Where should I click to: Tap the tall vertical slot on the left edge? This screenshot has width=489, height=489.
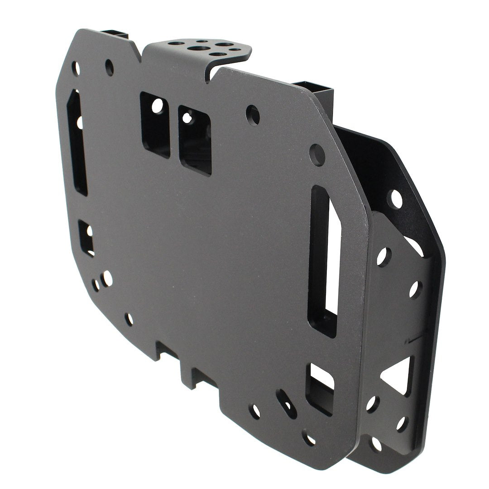(78, 142)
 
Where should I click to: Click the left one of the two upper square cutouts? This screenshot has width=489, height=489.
(155, 124)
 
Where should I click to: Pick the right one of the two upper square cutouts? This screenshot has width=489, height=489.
(195, 139)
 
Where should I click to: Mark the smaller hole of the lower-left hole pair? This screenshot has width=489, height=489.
(96, 286)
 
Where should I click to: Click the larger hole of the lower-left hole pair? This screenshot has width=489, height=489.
(107, 278)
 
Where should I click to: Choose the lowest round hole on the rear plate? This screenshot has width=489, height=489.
(376, 444)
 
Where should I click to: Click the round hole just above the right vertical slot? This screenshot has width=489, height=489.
(317, 154)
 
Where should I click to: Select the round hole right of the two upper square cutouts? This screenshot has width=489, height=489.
(254, 115)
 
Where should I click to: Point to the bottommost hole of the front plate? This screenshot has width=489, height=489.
(310, 438)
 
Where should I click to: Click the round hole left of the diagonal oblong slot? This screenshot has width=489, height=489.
(256, 412)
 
